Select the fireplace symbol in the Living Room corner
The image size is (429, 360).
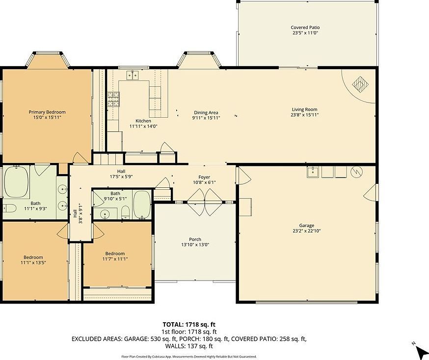click(x=361, y=84)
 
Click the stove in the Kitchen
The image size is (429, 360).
click(x=113, y=100)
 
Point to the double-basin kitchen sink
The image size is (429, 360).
click(x=131, y=75)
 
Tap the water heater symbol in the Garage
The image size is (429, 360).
click(x=356, y=172)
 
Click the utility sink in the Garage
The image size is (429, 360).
click(x=313, y=172)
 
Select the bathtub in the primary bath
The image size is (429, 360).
click(x=16, y=181)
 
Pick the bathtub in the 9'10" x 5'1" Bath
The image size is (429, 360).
click(x=142, y=205)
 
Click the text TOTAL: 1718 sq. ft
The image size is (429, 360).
click(x=189, y=324)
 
